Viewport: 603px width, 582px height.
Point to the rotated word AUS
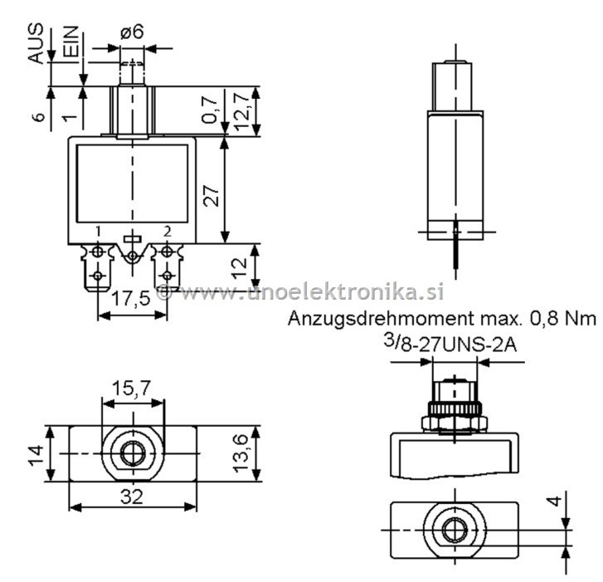(x=36, y=44)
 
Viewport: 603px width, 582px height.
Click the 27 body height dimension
(x=212, y=196)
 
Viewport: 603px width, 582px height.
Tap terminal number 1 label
(x=99, y=230)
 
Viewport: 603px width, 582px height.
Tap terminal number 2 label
(x=168, y=230)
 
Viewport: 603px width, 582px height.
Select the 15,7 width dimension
(x=133, y=388)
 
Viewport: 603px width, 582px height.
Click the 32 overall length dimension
(x=133, y=496)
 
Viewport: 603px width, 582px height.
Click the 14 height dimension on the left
(x=32, y=454)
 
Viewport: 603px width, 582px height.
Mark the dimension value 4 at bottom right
(x=555, y=501)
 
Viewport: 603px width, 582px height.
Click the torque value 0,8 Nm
(x=566, y=319)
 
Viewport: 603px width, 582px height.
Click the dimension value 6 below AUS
(x=37, y=117)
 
